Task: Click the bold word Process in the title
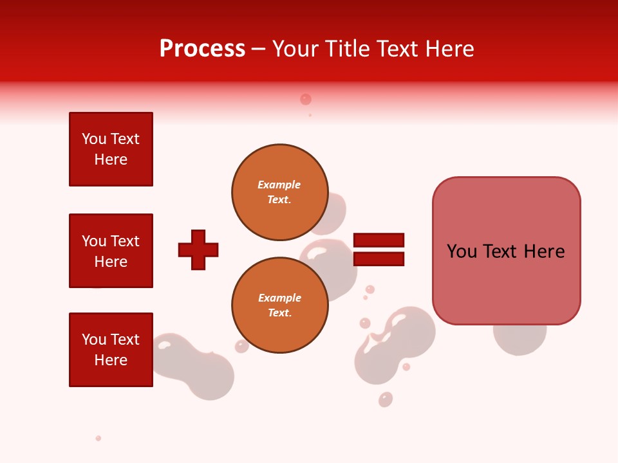click(x=202, y=49)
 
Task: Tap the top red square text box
click(x=111, y=149)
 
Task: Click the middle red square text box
click(x=111, y=251)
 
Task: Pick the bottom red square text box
click(x=111, y=350)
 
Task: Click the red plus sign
click(x=198, y=250)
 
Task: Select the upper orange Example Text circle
click(x=279, y=192)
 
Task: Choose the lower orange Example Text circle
click(x=279, y=305)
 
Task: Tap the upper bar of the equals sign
click(x=379, y=240)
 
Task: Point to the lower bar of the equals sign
click(x=379, y=259)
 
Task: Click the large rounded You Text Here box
click(x=506, y=250)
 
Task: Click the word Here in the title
click(x=451, y=49)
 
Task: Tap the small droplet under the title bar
click(x=306, y=99)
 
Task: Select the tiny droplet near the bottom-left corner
click(x=98, y=438)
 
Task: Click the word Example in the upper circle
click(x=279, y=185)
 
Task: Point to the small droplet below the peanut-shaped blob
click(x=386, y=399)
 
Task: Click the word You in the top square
click(x=93, y=139)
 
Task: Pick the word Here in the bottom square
click(x=111, y=360)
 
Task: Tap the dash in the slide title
click(x=259, y=49)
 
